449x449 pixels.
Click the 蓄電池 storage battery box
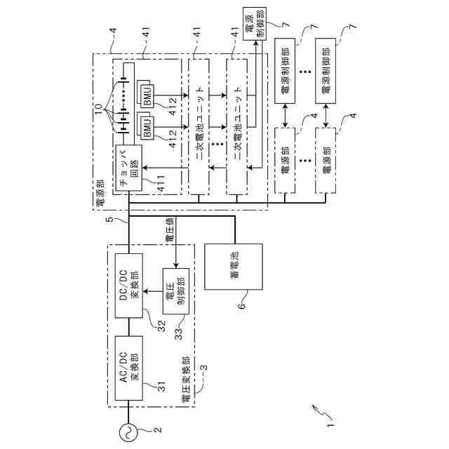coord(233,267)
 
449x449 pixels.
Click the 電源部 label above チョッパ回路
coord(99,194)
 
